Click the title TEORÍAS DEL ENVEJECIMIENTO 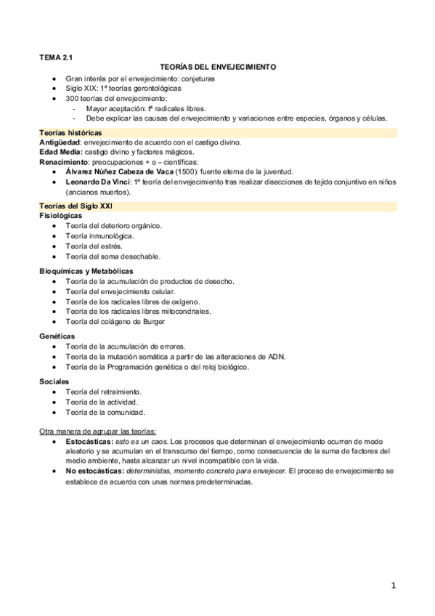pos(217,65)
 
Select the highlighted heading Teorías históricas pos(71,133)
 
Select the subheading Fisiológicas pos(61,216)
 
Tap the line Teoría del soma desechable pos(113,256)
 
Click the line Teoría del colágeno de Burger pos(115,321)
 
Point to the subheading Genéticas pos(56,336)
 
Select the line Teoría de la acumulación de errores pos(125,346)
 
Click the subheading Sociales pos(54,381)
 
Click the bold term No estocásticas pos(94,471)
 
